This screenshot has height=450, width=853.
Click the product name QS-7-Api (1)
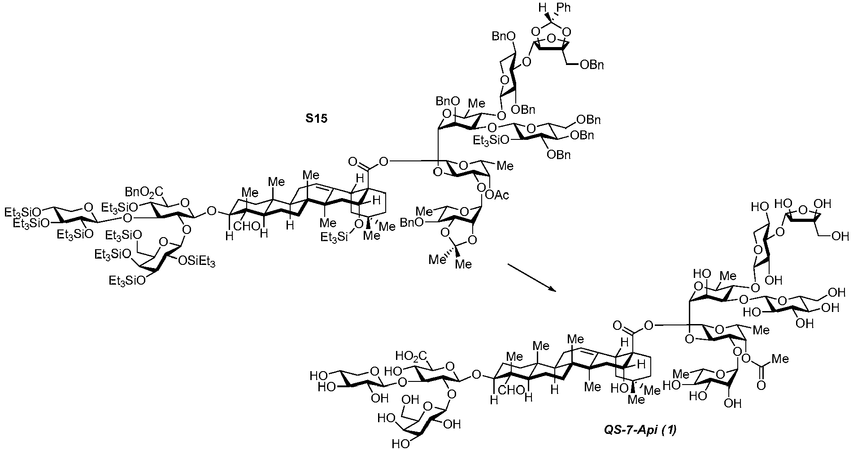tap(639, 431)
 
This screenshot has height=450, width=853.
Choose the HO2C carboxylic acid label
tap(415, 356)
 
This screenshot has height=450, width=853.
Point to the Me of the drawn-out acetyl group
tap(781, 359)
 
